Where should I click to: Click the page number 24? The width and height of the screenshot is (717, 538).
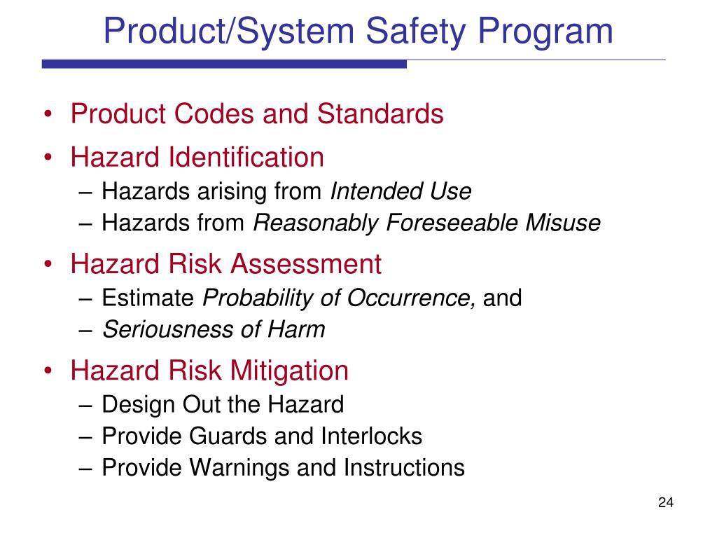[665, 502]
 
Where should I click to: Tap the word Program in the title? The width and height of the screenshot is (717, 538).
[554, 32]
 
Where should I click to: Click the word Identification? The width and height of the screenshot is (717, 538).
[248, 157]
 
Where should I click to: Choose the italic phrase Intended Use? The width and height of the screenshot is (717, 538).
[401, 191]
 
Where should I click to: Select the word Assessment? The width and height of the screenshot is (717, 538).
[307, 264]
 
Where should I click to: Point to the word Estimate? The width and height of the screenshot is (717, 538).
[148, 298]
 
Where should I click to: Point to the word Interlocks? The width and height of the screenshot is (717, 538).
[372, 436]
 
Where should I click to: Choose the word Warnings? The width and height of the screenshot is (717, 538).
[237, 467]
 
